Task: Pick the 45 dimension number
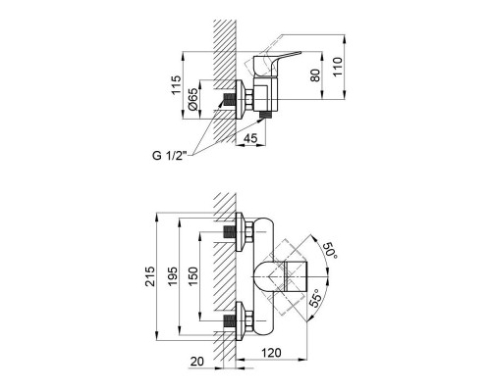(250, 139)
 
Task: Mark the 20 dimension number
(201, 360)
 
